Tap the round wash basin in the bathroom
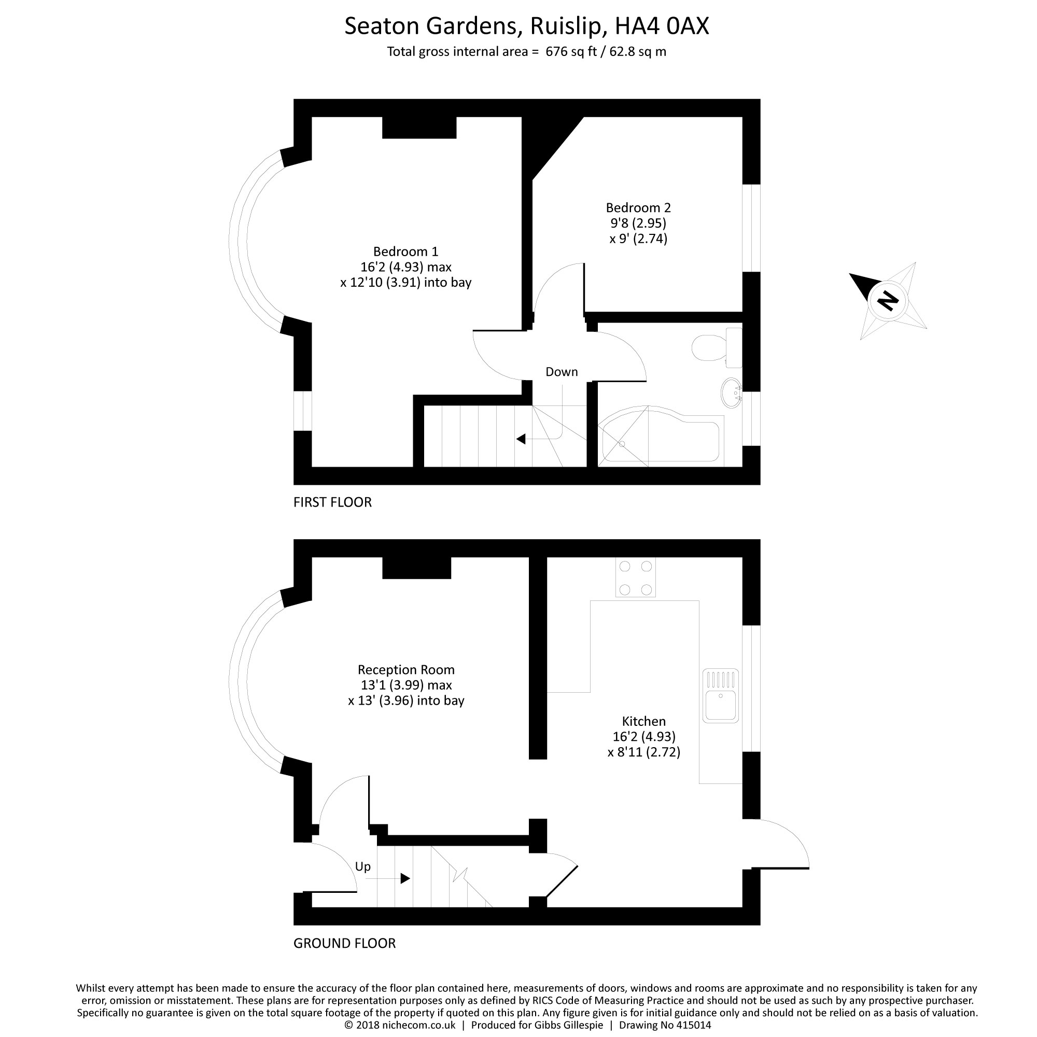[731, 393]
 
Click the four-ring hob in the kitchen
[636, 577]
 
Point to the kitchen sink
[721, 695]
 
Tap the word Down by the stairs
[562, 371]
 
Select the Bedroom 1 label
[406, 251]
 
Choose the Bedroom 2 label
[638, 207]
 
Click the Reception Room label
[406, 669]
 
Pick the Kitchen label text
[643, 721]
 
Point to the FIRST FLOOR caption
[332, 502]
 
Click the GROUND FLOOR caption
[344, 943]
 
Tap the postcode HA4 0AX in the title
[662, 26]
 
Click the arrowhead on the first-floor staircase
[521, 439]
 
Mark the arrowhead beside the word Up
[405, 879]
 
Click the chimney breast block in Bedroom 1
[419, 128]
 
